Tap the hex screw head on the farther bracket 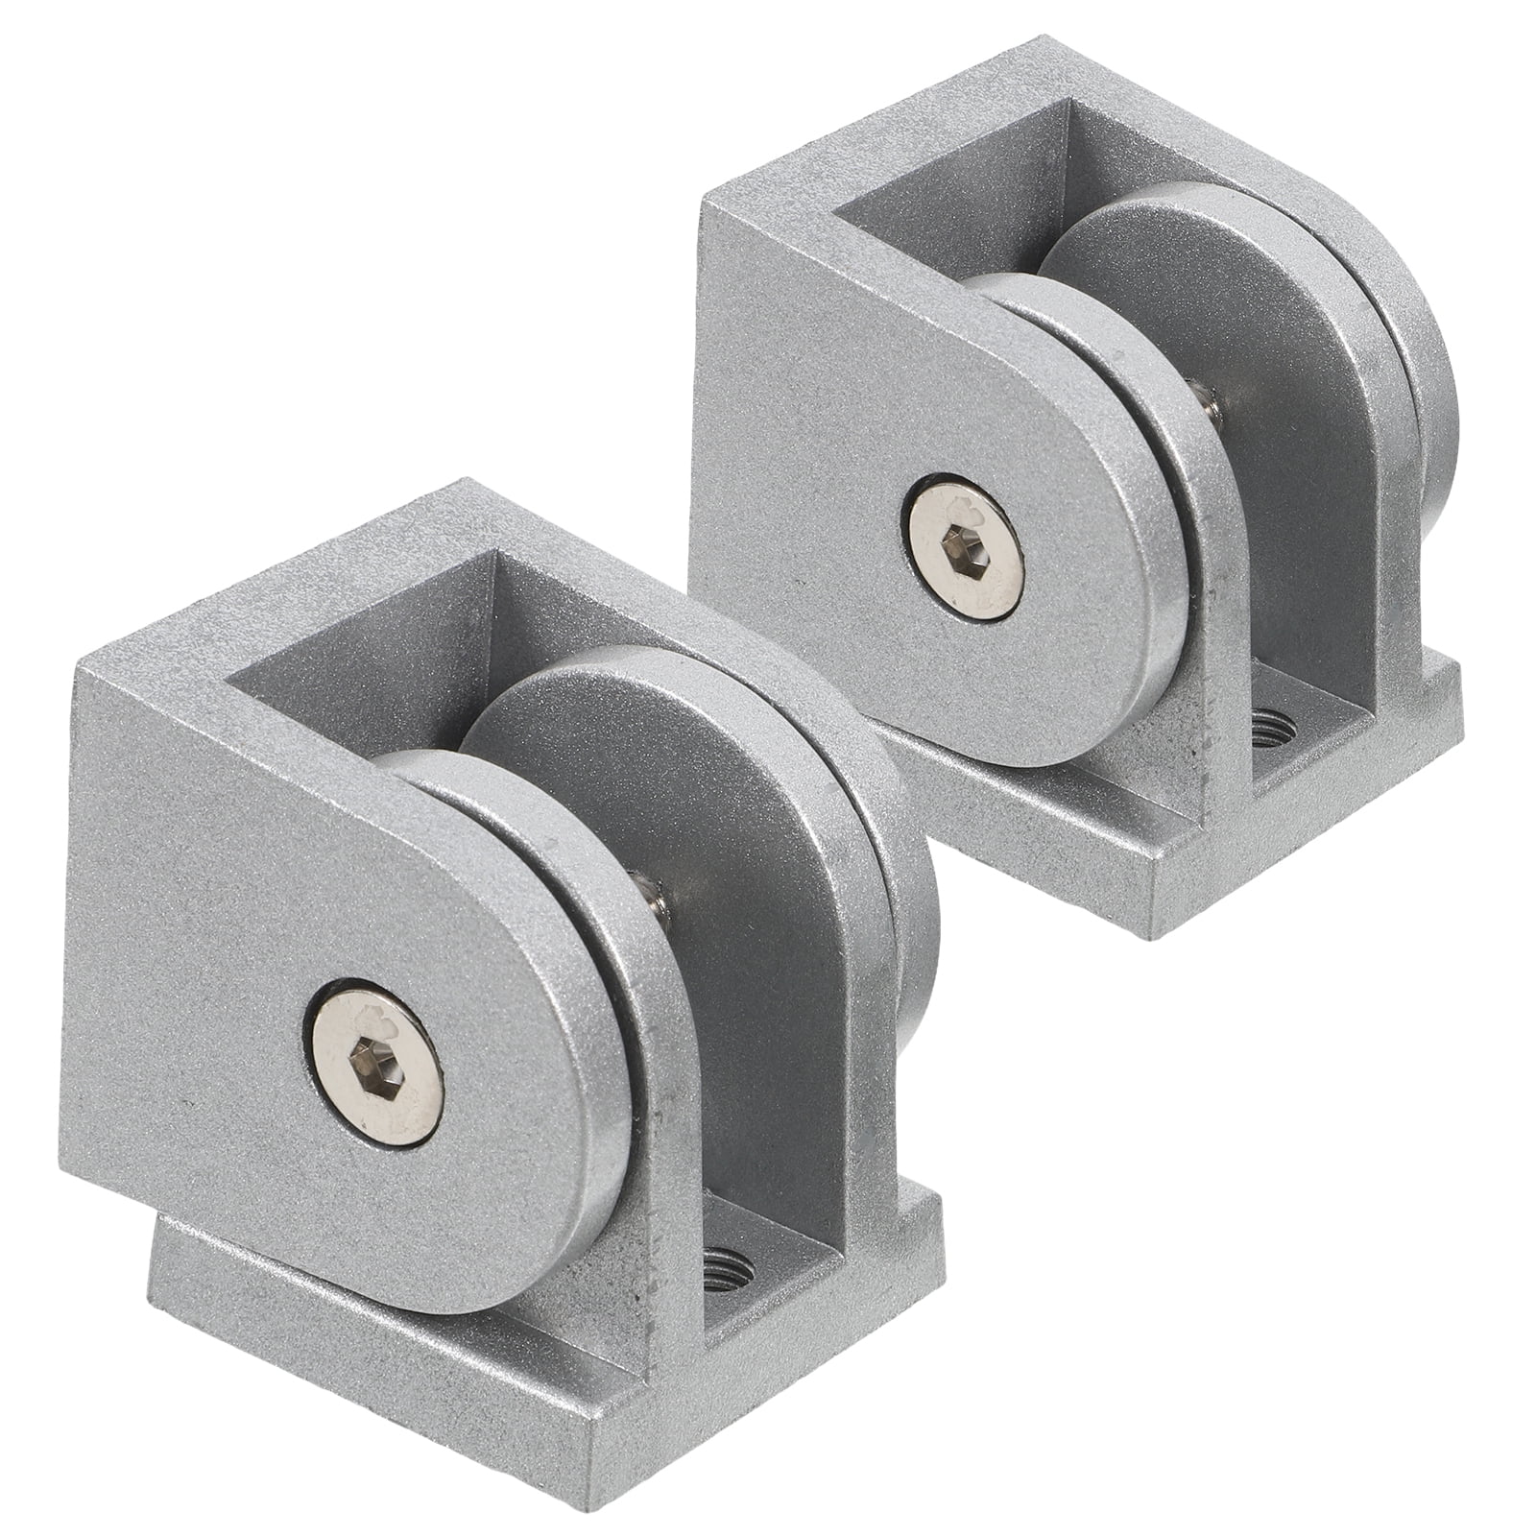pyautogui.click(x=963, y=549)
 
